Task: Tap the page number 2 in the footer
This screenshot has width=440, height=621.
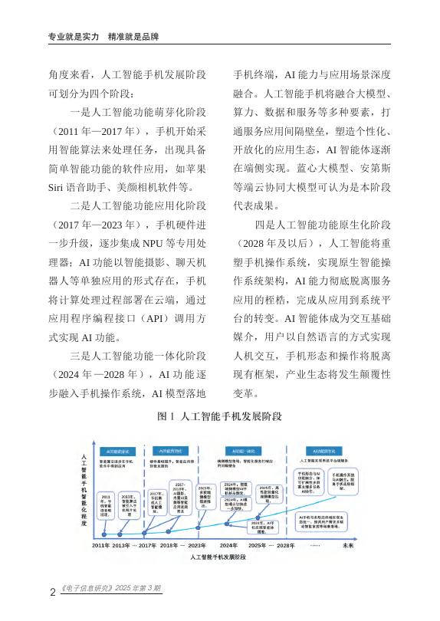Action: tap(51, 590)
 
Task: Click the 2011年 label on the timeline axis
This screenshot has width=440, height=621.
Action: tap(103, 545)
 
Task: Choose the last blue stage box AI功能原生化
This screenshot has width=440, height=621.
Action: tap(326, 451)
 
